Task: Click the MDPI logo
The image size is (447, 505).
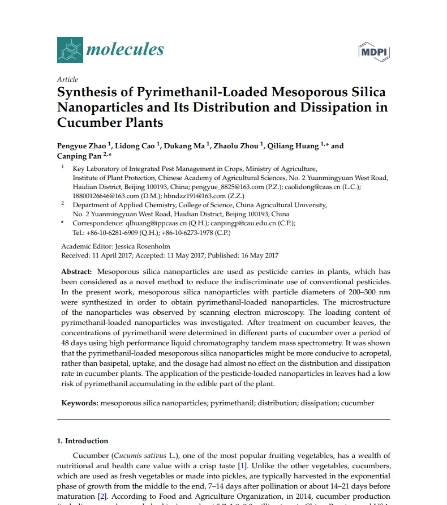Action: click(375, 52)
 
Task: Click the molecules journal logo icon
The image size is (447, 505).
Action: click(70, 49)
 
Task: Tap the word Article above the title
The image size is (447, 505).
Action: click(67, 80)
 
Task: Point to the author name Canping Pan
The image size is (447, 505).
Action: click(79, 156)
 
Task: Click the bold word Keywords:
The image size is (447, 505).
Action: click(80, 403)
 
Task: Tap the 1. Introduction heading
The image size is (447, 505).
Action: click(83, 441)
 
